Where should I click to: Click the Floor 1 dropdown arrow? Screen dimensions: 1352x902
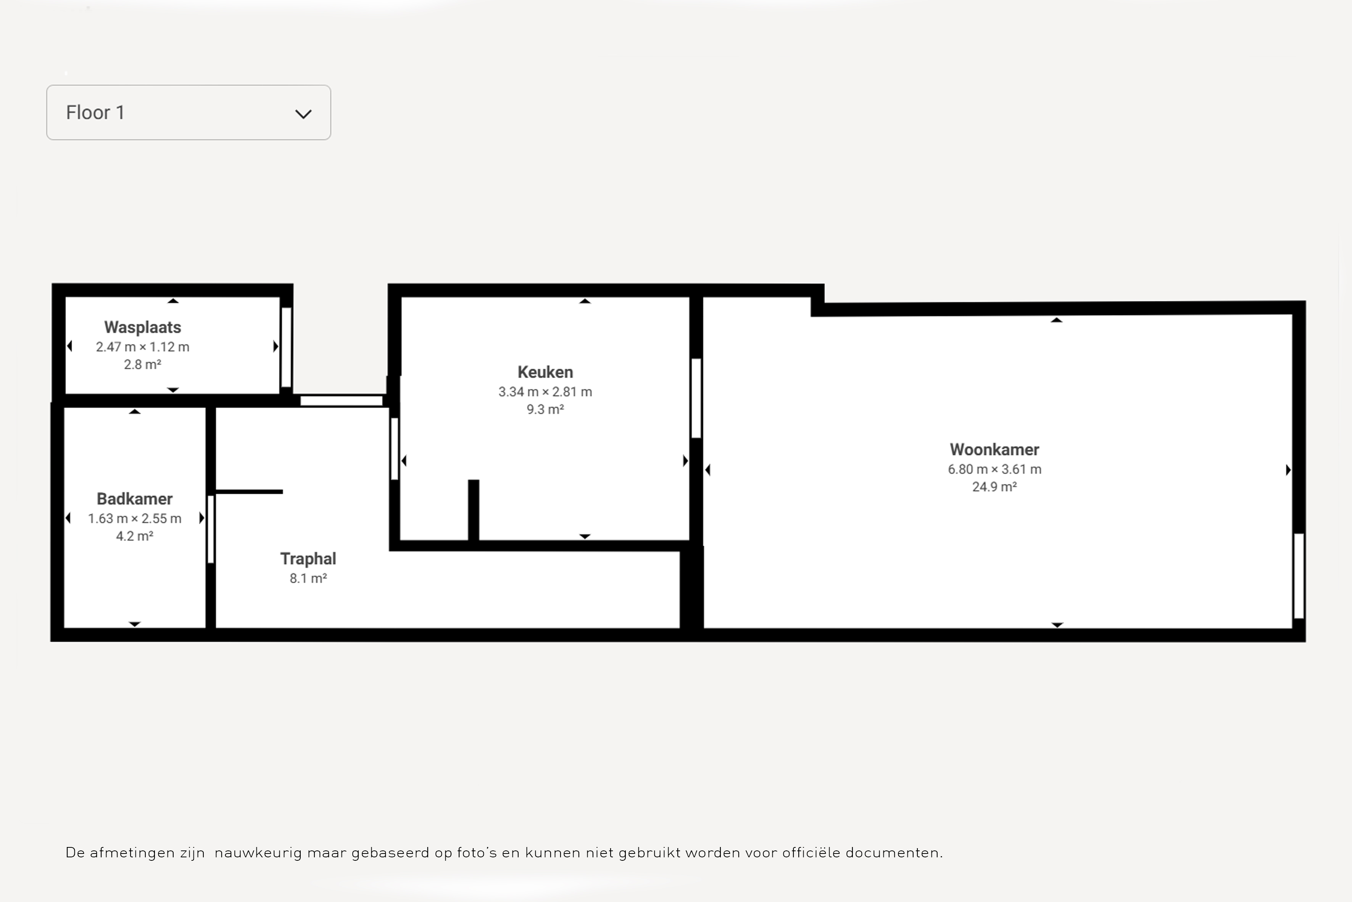(303, 114)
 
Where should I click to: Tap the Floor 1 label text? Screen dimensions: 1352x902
(95, 112)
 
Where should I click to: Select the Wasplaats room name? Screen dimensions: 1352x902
(143, 327)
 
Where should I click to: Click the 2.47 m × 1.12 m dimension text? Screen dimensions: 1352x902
(143, 347)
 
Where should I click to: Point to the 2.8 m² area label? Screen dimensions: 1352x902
(143, 364)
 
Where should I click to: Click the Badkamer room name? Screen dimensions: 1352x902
(134, 499)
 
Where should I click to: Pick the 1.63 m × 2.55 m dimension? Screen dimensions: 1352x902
(134, 518)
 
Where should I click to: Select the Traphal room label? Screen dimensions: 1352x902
(308, 559)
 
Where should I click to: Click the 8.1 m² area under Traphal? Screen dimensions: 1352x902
(308, 578)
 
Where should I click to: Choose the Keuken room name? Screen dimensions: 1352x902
(545, 372)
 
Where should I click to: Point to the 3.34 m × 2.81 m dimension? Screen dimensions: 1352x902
(545, 392)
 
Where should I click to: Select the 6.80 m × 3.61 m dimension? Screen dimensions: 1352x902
(994, 469)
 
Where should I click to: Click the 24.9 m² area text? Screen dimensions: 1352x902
(994, 487)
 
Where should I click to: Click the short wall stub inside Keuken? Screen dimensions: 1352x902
(473, 510)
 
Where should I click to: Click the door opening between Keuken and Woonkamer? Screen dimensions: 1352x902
(696, 398)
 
